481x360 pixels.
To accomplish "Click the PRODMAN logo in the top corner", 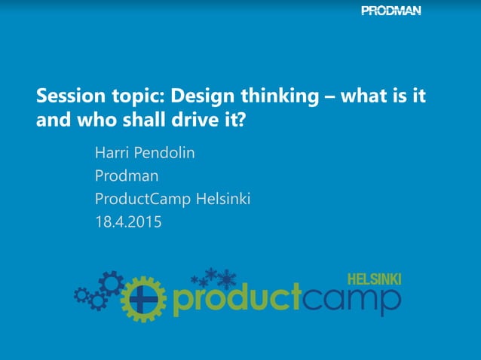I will pyautogui.click(x=391, y=11).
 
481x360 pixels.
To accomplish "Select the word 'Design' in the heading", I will pyautogui.click(x=198, y=97).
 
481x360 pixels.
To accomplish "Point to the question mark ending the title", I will pyautogui.click(x=241, y=120).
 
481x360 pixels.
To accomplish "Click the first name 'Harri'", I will pyautogui.click(x=111, y=153).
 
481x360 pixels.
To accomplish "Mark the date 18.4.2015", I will pyautogui.click(x=127, y=222).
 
